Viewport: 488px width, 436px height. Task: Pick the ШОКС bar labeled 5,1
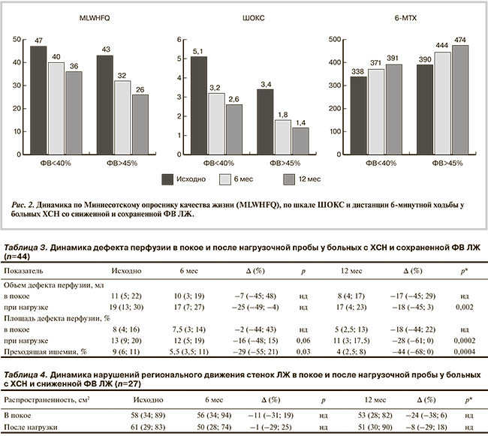pos(199,105)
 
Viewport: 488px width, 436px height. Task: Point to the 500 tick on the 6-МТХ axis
pos(333,37)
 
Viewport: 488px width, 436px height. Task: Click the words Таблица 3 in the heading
pos(27,246)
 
